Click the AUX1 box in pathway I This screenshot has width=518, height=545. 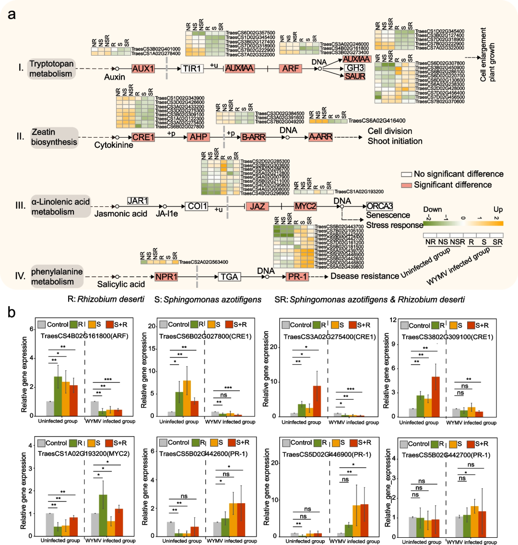pyautogui.click(x=143, y=69)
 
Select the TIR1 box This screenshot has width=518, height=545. pyautogui.click(x=192, y=69)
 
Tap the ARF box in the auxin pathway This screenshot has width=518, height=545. pyautogui.click(x=290, y=69)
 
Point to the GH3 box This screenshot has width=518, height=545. pyautogui.click(x=355, y=68)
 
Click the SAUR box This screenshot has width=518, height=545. pyautogui.click(x=355, y=76)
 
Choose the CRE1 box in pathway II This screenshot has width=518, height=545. pyautogui.click(x=143, y=137)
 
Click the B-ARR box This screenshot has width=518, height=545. pyautogui.click(x=253, y=137)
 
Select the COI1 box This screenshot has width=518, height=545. pyautogui.click(x=197, y=206)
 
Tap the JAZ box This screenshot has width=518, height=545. pyautogui.click(x=258, y=206)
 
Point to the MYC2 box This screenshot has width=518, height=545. pyautogui.click(x=306, y=206)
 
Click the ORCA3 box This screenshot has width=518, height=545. pyautogui.click(x=380, y=206)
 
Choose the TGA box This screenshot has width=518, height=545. pyautogui.click(x=229, y=277)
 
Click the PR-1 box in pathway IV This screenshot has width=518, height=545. pyautogui.click(x=297, y=277)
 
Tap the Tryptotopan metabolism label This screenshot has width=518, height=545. pyautogui.click(x=51, y=69)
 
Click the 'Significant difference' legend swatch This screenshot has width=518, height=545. pyautogui.click(x=407, y=185)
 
